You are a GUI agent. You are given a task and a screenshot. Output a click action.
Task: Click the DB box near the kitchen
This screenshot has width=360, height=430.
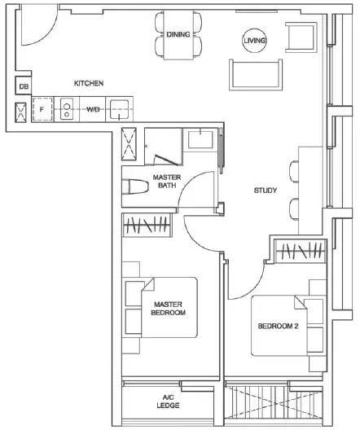(x=24, y=86)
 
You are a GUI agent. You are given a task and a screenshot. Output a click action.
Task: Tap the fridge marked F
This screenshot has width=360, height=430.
(x=42, y=109)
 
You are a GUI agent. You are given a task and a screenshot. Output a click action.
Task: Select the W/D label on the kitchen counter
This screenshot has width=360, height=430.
(x=93, y=110)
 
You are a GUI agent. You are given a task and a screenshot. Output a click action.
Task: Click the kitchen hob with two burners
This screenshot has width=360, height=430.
(x=67, y=109)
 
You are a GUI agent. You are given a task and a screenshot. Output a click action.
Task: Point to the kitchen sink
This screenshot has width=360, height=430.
(x=119, y=110)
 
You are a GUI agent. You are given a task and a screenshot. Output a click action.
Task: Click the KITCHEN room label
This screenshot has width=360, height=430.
(x=89, y=83)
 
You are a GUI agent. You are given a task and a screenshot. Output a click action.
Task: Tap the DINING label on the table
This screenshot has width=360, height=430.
(x=178, y=34)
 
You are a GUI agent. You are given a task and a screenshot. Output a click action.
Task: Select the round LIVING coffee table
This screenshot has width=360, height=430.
(x=255, y=41)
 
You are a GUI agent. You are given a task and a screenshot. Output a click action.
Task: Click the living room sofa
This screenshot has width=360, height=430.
(x=256, y=75)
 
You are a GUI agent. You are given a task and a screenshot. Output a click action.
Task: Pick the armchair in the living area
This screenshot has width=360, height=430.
(x=301, y=37)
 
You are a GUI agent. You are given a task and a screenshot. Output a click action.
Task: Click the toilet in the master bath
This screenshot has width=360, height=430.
(x=135, y=186)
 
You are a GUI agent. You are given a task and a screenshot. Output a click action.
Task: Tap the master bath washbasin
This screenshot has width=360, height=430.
(x=200, y=139)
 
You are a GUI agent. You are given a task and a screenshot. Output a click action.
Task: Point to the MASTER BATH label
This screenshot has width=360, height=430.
(x=167, y=181)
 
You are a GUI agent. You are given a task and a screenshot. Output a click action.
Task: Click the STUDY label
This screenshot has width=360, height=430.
(x=266, y=191)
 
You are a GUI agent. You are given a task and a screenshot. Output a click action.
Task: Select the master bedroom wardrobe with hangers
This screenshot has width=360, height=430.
(x=147, y=225)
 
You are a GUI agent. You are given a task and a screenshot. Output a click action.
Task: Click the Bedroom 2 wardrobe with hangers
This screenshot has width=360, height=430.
(x=301, y=251)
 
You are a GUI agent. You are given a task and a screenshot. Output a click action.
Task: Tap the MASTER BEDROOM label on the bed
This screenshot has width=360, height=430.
(x=168, y=309)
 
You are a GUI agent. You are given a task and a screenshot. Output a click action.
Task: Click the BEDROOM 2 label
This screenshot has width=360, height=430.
(x=278, y=326)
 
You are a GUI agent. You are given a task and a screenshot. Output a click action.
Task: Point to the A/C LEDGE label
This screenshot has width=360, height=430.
(x=168, y=401)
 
